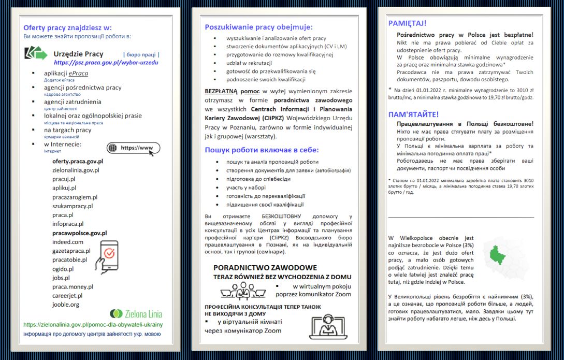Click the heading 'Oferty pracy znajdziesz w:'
pos(67,27)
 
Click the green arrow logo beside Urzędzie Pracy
pos(36,53)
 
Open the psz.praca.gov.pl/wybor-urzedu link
pos(106,62)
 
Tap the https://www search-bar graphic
pos(133,148)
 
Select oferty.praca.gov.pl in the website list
pos(78,161)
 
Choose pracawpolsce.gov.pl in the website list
pos(79,233)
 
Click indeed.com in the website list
pos(67,242)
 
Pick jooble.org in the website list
pos(66,305)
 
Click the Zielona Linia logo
pos(136,313)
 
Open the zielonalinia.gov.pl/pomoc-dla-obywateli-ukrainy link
pos(93,325)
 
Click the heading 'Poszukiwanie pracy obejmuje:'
pos(259,27)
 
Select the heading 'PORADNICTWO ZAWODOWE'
pos(265,267)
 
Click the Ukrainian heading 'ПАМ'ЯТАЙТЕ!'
pos(413,114)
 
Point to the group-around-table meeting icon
pos(239,291)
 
